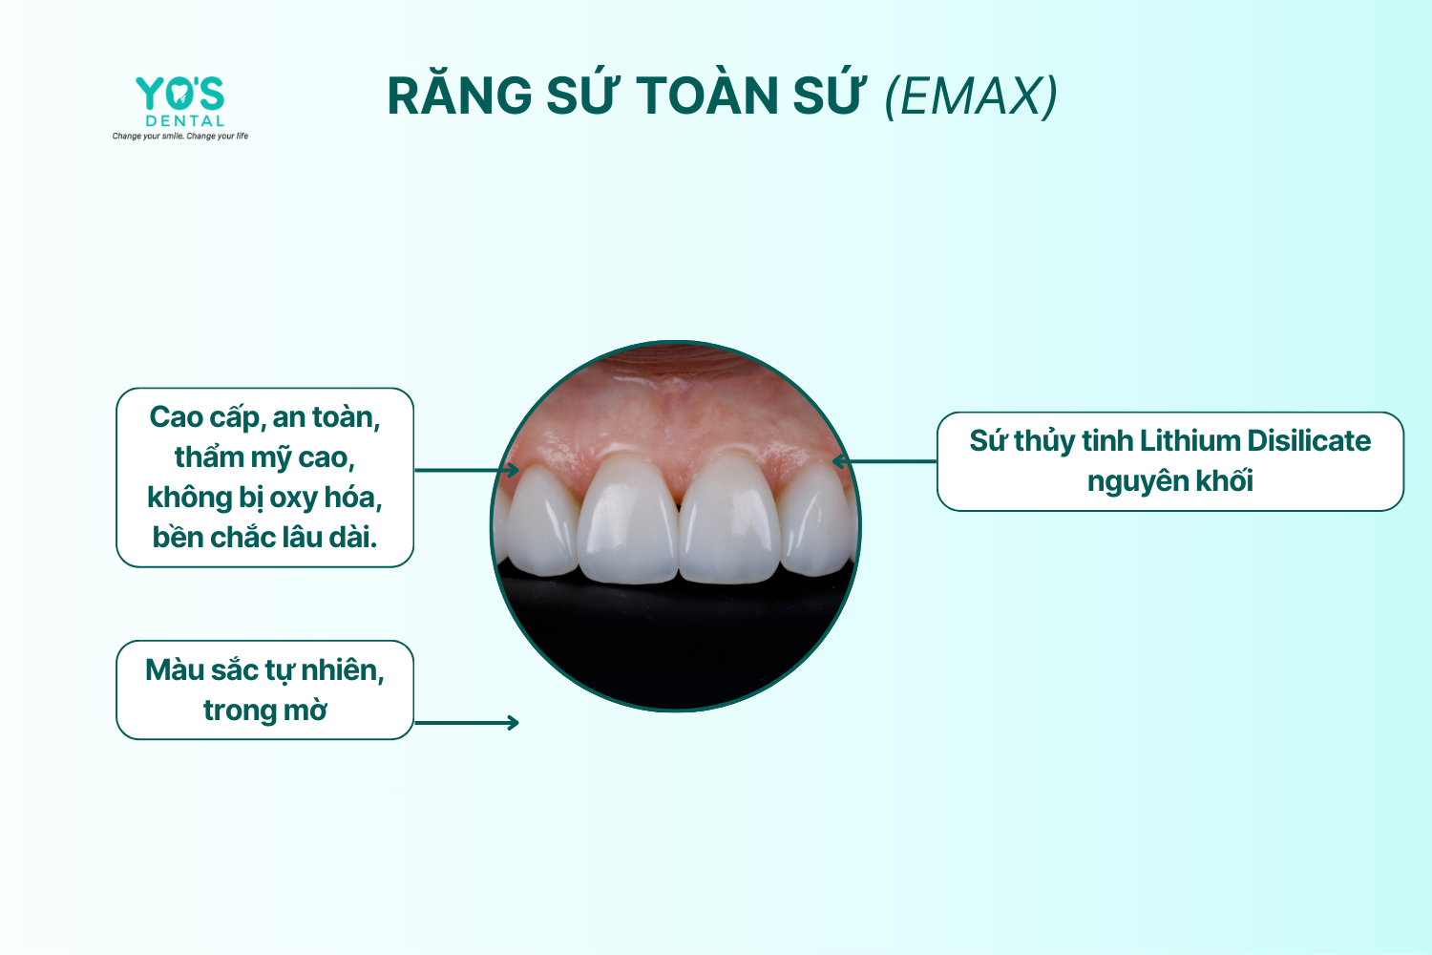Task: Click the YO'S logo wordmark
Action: coord(179,94)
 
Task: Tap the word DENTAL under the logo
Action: coord(185,121)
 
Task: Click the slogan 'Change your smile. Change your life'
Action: coord(180,136)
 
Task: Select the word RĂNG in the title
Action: coord(459,95)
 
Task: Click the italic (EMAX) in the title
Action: coord(971,96)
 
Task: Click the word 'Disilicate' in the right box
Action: coord(1309,440)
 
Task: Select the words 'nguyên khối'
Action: coord(1169,481)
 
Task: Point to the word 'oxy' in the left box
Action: coord(293,499)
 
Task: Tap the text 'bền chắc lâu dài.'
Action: coord(264,538)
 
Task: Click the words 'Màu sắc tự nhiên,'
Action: coord(264,671)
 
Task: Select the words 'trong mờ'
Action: coord(264,711)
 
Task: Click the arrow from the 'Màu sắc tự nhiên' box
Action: coord(467,723)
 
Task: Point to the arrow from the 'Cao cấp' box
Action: coord(467,470)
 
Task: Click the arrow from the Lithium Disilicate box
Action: coord(884,460)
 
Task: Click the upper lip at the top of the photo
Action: coord(676,359)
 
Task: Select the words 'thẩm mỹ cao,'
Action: coord(264,458)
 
